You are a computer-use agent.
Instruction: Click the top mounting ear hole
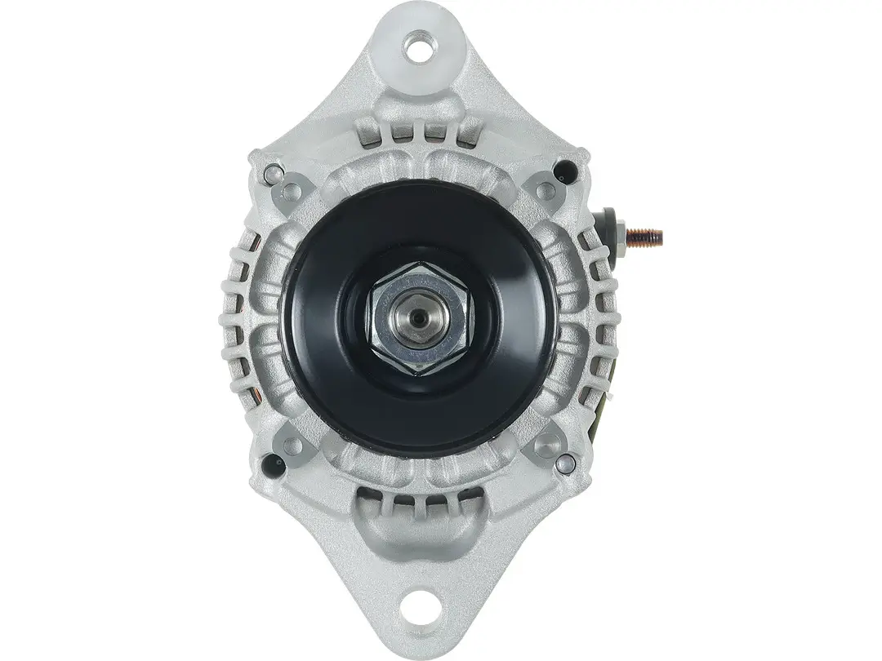(420, 47)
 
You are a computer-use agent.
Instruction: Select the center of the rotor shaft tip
(420, 316)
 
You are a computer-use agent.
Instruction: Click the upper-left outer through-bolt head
(272, 174)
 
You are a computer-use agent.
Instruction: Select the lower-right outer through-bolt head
(565, 463)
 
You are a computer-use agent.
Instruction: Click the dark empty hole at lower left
(272, 465)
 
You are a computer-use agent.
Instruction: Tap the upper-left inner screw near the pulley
(292, 191)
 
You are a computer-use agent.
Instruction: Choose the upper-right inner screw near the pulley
(546, 191)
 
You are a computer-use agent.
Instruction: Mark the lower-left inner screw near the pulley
(292, 446)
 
